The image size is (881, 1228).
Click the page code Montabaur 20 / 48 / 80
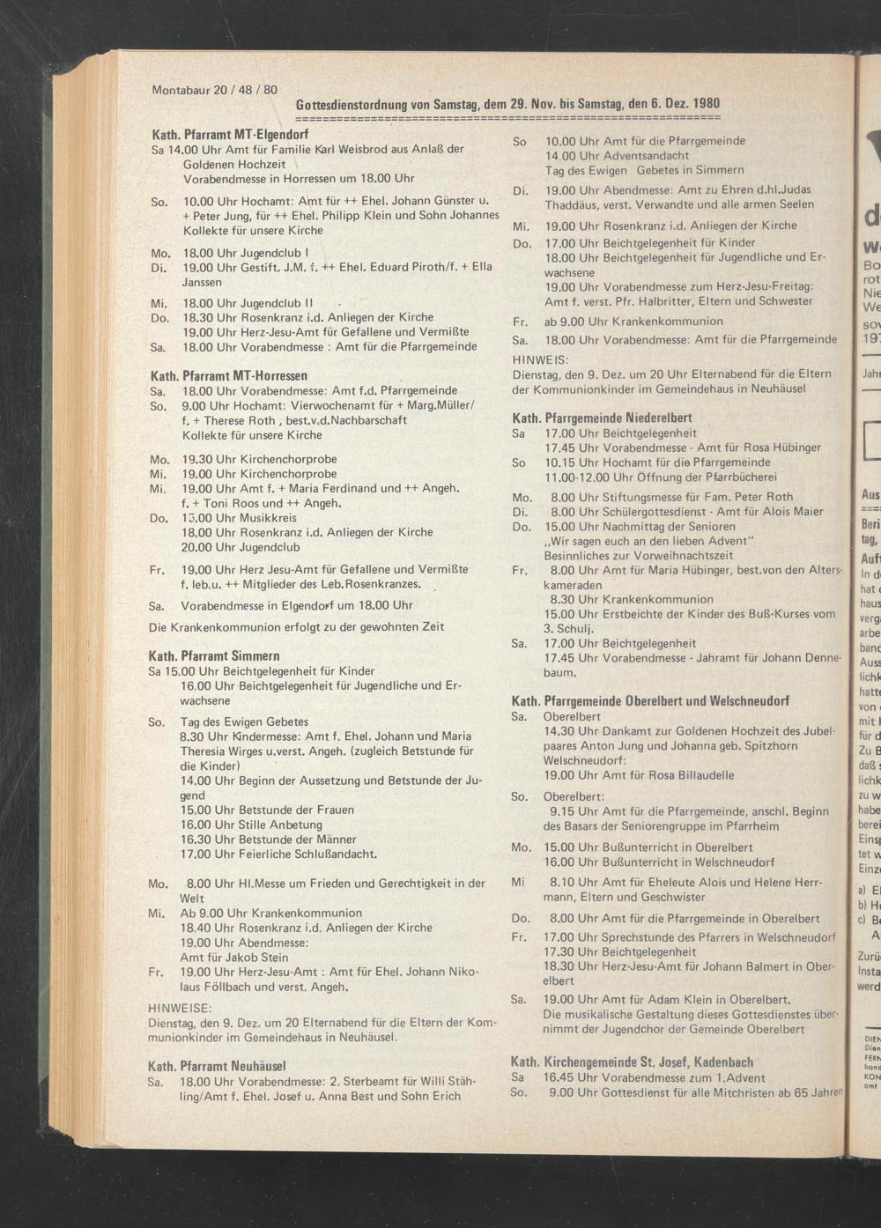click(x=214, y=91)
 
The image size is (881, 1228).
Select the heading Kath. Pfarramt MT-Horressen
click(x=230, y=376)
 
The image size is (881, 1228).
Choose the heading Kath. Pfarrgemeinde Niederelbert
click(x=602, y=418)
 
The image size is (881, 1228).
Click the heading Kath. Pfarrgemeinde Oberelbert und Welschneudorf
click(x=650, y=701)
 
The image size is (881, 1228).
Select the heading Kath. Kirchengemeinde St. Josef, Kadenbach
click(x=632, y=1062)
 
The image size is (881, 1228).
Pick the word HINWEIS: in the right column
click(x=541, y=360)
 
